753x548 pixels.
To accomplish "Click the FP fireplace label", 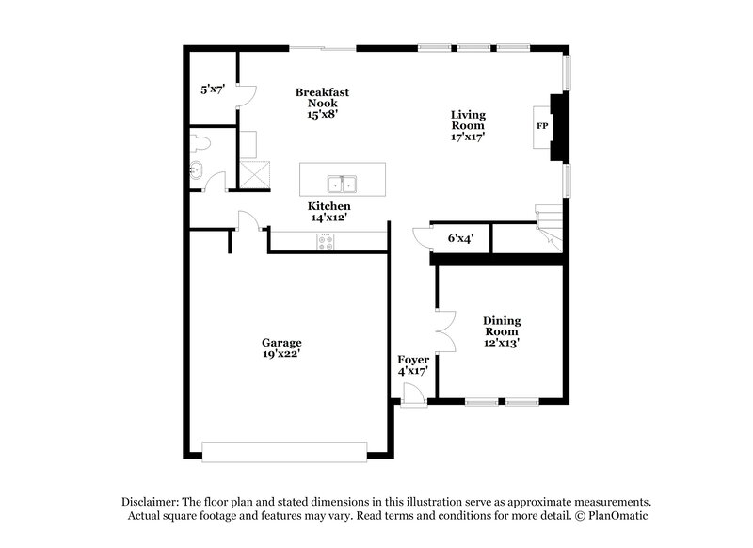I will tap(542, 125).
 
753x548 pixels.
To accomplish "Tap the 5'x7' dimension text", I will tap(213, 90).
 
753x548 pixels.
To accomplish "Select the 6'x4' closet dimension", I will tap(460, 239).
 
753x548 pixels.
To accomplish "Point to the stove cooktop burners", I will tap(326, 241).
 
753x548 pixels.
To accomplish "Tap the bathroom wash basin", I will tap(196, 171).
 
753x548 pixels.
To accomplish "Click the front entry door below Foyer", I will tap(410, 400).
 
